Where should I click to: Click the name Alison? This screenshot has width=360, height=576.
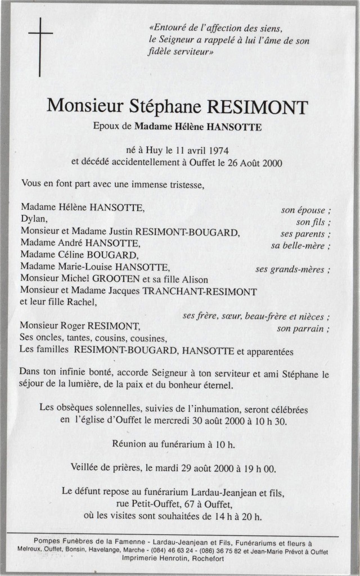[193, 280]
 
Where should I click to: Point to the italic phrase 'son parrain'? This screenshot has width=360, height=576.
[301, 328]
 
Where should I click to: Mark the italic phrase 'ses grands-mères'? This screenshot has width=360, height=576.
[291, 269]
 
